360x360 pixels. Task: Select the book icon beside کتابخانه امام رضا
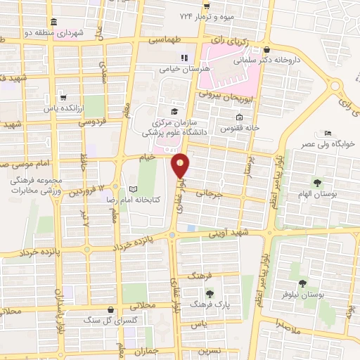(133, 188)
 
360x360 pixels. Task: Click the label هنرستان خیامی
(167, 70)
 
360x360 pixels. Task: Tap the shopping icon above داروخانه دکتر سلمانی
(266, 50)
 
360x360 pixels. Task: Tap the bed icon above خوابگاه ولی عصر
(328, 134)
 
